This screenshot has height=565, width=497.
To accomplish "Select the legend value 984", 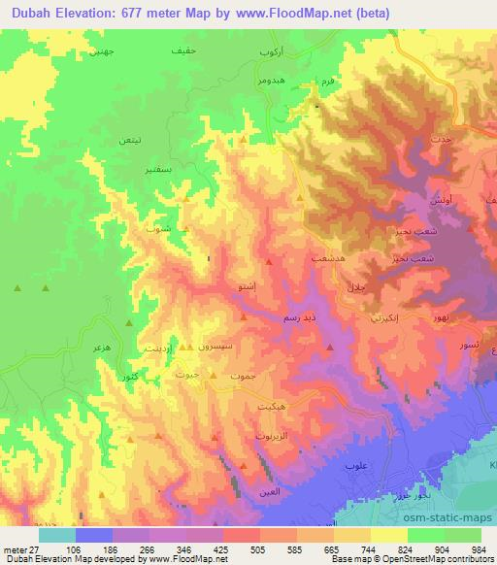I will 478,548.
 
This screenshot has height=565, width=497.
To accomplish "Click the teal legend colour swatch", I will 56,534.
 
